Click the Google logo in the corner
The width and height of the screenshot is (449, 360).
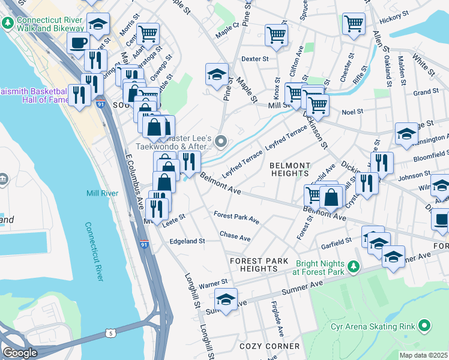(20, 353)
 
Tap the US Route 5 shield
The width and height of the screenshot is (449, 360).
(109, 332)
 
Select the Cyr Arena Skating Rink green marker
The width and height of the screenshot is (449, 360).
(425, 326)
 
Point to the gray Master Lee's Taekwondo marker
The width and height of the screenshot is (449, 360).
(221, 142)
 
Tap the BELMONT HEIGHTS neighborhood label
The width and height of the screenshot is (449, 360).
(289, 169)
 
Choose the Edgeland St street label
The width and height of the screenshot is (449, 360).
(187, 241)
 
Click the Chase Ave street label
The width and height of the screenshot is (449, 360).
(235, 238)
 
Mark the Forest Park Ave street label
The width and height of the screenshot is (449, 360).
(236, 217)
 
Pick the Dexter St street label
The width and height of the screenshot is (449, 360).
(254, 59)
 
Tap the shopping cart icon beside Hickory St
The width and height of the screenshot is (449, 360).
(354, 24)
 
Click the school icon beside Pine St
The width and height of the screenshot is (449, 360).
(217, 74)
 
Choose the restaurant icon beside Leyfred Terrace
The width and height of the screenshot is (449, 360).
(189, 161)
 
